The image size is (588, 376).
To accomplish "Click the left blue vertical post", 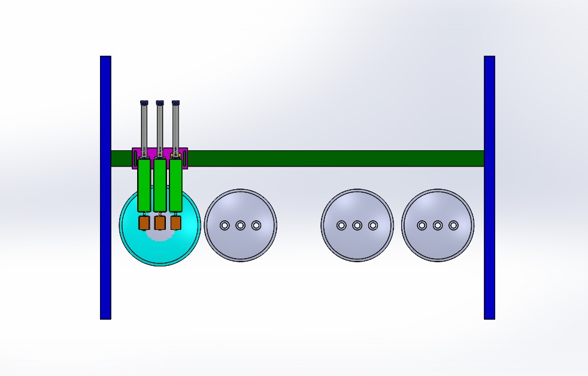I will (105, 187).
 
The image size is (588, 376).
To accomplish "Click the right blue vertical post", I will (489, 187).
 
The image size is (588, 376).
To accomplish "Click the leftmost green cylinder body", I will (144, 184).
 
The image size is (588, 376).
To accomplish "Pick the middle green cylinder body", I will (160, 184).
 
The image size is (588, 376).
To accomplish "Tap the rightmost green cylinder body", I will (175, 184).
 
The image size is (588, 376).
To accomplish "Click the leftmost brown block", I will (144, 223).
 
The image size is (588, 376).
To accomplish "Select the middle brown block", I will (160, 223).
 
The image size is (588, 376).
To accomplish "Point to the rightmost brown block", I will (175, 223).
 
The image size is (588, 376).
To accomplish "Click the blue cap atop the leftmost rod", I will (144, 103).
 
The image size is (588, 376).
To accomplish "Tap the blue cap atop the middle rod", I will (160, 103).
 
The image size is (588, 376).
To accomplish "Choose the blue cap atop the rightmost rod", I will (175, 103).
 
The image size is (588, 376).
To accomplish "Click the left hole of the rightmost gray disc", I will (422, 225).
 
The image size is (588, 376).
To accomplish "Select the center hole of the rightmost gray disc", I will (438, 225).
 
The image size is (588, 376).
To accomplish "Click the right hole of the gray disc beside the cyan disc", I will (256, 225).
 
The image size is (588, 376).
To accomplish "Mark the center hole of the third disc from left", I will (357, 225).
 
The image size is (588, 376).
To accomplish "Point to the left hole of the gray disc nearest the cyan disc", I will (225, 225).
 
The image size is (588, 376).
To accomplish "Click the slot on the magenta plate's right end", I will (184, 159).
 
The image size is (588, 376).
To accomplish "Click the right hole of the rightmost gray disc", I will (453, 225).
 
